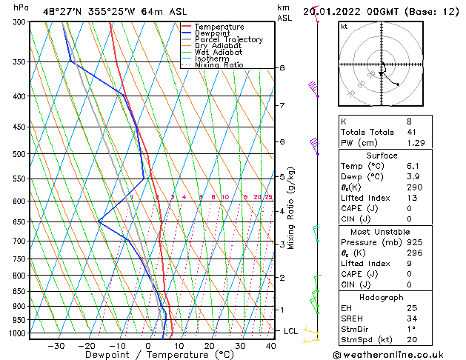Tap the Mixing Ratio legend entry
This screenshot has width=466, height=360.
coord(222,64)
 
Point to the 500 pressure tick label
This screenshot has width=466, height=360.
coord(19,154)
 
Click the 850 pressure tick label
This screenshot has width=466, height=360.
coord(19,291)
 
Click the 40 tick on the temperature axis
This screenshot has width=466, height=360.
coord(270,345)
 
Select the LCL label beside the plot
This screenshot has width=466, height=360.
coord(291,331)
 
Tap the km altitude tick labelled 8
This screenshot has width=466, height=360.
coord(282,68)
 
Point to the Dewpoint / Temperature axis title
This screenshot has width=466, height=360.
coord(150,355)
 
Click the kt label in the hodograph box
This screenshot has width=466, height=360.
coord(344,26)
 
